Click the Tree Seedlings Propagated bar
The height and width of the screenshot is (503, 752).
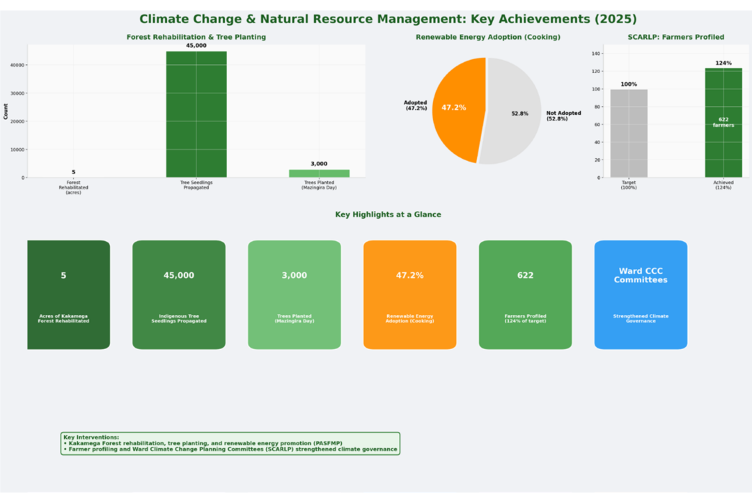[x=196, y=114]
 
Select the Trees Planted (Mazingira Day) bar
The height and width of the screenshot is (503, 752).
[x=319, y=173]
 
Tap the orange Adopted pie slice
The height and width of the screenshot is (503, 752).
[x=458, y=109]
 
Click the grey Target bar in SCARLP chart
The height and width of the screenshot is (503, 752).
[x=629, y=134]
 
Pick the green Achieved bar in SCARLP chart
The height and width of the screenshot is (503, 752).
[x=723, y=123]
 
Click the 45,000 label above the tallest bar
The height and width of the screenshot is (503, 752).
[x=196, y=45]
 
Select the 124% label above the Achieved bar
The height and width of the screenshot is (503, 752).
[x=723, y=63]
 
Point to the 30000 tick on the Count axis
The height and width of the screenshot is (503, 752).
[x=17, y=93]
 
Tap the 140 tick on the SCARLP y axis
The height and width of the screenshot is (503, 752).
[x=595, y=54]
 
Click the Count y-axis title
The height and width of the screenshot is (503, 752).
[x=6, y=111]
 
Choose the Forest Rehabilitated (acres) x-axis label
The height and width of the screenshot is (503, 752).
[x=73, y=187]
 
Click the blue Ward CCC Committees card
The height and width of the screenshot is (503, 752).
[x=641, y=295]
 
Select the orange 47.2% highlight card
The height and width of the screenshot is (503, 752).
[x=409, y=295]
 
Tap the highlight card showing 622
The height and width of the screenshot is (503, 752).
[x=525, y=295]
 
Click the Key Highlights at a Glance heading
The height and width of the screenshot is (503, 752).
[x=388, y=215]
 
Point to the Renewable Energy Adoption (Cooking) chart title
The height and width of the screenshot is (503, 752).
[x=487, y=37]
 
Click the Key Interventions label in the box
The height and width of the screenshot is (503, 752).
[x=91, y=438]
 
